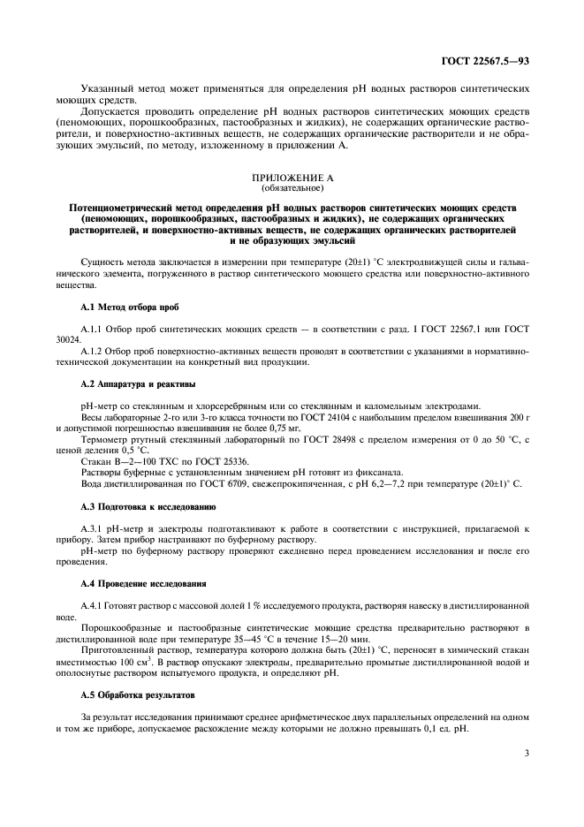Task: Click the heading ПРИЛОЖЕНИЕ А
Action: pyautogui.click(x=292, y=178)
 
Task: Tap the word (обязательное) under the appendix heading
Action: pyautogui.click(x=292, y=187)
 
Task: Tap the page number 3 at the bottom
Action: pyautogui.click(x=527, y=753)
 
